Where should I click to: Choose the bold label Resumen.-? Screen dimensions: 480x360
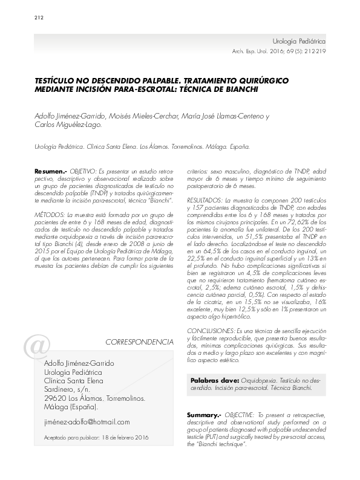pos(51,172)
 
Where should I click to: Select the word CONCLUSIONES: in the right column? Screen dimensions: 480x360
pos(208,332)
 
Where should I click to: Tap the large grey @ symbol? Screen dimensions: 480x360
pos(35,348)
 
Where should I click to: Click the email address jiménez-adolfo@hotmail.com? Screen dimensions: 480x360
pos(87,422)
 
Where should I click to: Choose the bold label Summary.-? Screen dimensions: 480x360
pos(205,415)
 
